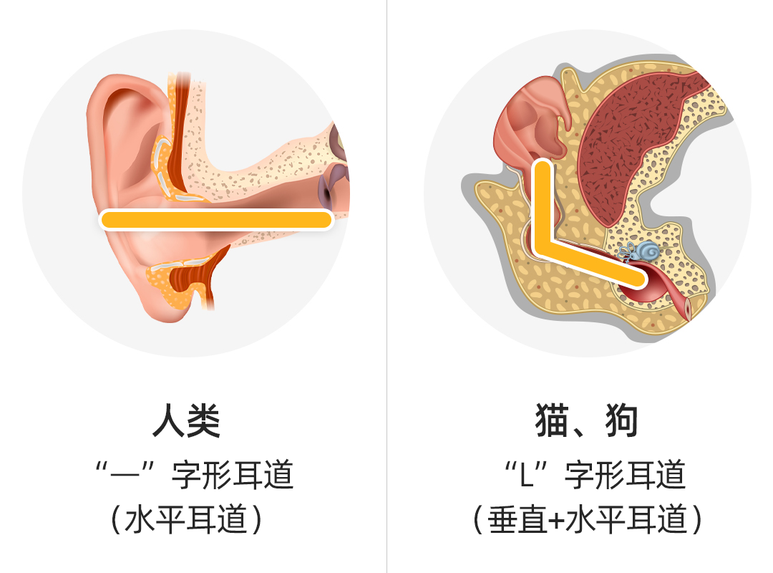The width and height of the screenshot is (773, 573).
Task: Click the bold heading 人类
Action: coord(186,421)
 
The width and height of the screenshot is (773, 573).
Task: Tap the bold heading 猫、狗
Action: coord(587,421)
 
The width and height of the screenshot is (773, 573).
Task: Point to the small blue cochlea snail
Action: coord(648,251)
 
